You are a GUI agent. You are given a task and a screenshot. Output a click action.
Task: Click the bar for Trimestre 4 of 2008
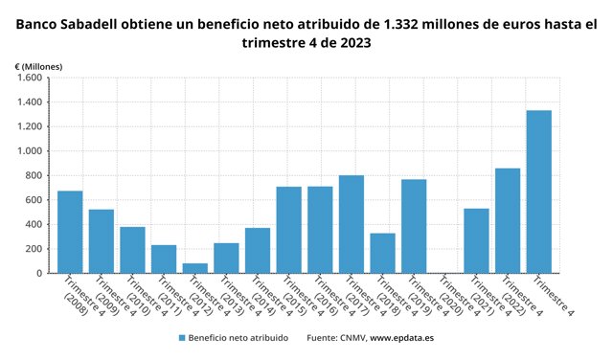point(70,232)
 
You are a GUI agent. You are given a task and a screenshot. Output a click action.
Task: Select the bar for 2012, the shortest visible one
point(195,268)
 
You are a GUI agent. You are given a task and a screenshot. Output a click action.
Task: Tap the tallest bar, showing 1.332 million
point(539,191)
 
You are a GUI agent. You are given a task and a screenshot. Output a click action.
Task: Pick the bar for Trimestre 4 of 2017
point(352,224)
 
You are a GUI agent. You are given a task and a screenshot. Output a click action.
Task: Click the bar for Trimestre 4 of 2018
point(383,254)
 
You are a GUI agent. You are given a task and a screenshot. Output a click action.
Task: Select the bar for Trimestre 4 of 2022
point(508,221)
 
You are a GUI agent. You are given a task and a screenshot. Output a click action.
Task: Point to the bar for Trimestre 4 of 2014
point(258,251)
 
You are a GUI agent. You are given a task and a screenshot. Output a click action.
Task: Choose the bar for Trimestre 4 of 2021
point(477,240)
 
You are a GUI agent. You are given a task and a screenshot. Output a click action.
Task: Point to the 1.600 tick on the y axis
point(30,78)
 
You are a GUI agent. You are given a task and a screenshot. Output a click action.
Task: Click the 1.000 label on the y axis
point(30,151)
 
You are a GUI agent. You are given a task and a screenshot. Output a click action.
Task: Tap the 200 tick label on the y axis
point(34,249)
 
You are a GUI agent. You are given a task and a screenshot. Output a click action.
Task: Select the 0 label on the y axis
point(39,274)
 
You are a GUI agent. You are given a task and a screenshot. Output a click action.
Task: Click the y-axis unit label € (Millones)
point(38,67)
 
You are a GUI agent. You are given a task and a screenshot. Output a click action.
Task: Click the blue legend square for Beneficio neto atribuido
point(182,338)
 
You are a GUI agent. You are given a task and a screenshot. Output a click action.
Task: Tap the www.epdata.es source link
point(401,338)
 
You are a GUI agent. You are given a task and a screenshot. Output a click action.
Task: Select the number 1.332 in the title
point(400,25)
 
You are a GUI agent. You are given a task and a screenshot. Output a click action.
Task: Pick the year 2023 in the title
point(355,42)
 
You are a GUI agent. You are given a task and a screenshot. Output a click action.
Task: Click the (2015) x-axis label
point(293,304)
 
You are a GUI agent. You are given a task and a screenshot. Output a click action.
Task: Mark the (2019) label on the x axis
point(419,304)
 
